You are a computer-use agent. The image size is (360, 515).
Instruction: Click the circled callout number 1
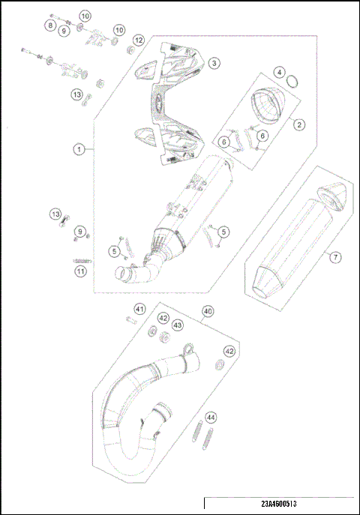click(77, 149)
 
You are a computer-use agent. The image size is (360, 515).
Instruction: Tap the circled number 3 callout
click(214, 64)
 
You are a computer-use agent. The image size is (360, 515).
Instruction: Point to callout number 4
click(279, 73)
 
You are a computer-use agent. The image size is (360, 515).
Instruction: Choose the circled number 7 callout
click(335, 257)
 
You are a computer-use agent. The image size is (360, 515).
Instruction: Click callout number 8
click(50, 25)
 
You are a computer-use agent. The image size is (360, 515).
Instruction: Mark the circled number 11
click(79, 271)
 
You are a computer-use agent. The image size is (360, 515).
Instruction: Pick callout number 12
click(138, 39)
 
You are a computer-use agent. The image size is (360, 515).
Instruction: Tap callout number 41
click(139, 310)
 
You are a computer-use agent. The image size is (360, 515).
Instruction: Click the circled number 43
click(177, 325)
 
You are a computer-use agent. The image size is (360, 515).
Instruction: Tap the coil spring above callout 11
click(79, 259)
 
